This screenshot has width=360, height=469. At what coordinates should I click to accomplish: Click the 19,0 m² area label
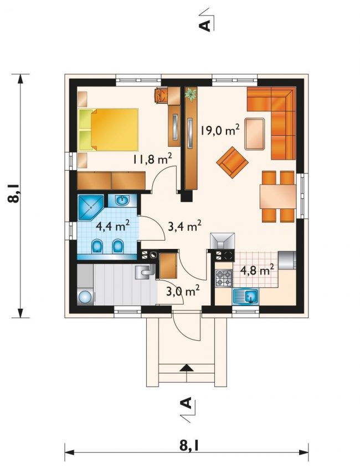coord(219,130)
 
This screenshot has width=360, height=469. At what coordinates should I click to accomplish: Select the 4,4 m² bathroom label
coord(112,225)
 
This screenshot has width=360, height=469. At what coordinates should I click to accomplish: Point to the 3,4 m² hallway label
coord(184,226)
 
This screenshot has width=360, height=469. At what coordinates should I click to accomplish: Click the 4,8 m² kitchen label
coord(257,270)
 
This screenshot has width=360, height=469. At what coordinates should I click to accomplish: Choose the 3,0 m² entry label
coord(183,290)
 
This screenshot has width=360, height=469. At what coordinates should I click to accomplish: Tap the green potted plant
coord(191,94)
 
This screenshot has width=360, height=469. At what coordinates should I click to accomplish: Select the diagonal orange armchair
coord(233,162)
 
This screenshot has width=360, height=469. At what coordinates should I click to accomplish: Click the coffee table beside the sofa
coord(255,134)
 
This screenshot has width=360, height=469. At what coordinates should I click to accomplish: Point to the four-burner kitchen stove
coord(224,278)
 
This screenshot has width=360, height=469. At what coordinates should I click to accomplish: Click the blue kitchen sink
coord(245,297)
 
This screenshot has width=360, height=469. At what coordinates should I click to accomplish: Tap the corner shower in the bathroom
coord(90,207)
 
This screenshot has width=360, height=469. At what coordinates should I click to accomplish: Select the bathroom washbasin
coord(122,200)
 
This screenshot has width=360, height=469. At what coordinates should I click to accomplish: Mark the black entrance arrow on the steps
coord(187,368)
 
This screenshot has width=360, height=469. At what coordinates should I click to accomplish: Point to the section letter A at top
coord(204,26)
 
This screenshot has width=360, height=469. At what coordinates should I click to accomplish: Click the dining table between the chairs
coord(278,196)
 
